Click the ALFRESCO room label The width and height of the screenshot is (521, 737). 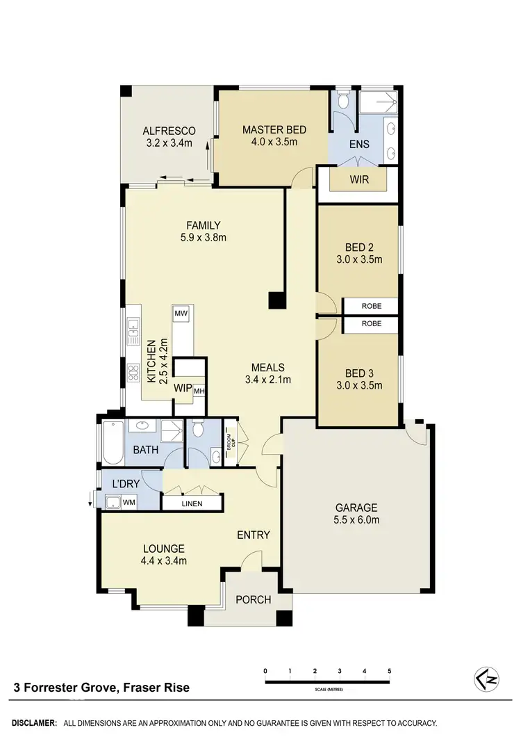(x=169, y=131)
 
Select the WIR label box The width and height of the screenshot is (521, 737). (x=358, y=179)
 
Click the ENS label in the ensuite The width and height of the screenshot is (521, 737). (x=359, y=145)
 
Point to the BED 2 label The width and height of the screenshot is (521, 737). (x=358, y=247)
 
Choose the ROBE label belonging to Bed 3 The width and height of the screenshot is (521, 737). (x=371, y=324)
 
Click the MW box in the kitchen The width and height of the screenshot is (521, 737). (x=182, y=314)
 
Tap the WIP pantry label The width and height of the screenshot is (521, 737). (x=183, y=387)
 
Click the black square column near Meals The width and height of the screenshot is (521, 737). (x=277, y=300)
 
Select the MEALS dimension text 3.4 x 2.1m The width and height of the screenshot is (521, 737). (x=267, y=380)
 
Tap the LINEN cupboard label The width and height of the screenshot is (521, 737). (x=192, y=503)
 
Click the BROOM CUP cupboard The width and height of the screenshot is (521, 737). (x=231, y=444)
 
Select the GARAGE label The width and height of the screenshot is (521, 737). (x=356, y=507)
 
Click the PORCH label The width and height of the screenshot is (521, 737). (x=254, y=599)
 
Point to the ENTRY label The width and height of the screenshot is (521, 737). (x=253, y=535)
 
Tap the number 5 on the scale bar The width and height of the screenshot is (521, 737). (x=390, y=671)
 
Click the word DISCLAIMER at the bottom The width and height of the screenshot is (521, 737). (x=32, y=723)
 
